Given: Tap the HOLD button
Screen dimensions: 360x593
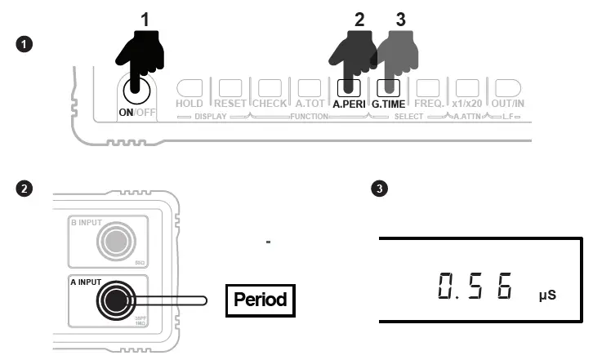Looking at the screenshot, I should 189,87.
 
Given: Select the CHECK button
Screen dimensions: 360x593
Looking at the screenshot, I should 270,87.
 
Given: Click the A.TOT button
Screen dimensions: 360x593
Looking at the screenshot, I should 309,87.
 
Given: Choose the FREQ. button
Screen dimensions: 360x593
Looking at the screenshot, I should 429,87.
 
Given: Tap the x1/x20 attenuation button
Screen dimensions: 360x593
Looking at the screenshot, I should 466,87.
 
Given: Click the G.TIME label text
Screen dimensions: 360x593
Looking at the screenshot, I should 390,104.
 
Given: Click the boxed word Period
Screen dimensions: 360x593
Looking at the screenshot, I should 260,300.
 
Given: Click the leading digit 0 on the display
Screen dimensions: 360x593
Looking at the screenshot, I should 446,287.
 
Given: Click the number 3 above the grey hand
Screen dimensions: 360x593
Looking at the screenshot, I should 400,20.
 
